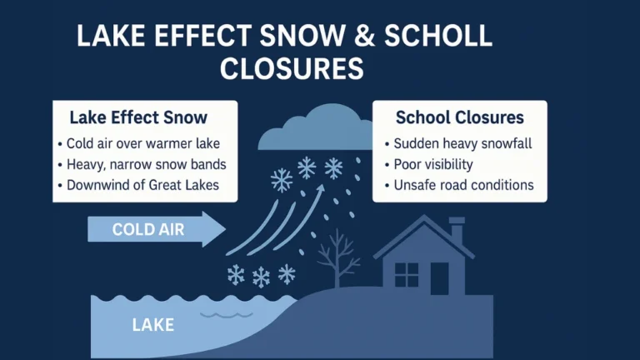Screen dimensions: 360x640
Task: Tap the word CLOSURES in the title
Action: pos(292,67)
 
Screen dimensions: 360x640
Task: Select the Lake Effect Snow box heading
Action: pos(138,117)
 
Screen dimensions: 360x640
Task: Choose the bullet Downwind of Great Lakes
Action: pos(139,184)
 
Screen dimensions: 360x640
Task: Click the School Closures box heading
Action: pos(459,117)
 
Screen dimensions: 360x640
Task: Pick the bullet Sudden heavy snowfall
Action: pos(462,143)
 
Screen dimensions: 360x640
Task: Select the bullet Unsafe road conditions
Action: pos(463,185)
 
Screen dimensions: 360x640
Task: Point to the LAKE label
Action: pos(153,324)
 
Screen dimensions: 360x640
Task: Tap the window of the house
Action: pos(407,274)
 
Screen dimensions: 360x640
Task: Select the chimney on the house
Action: pos(456,230)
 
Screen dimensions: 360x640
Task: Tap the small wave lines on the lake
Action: pos(219,316)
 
